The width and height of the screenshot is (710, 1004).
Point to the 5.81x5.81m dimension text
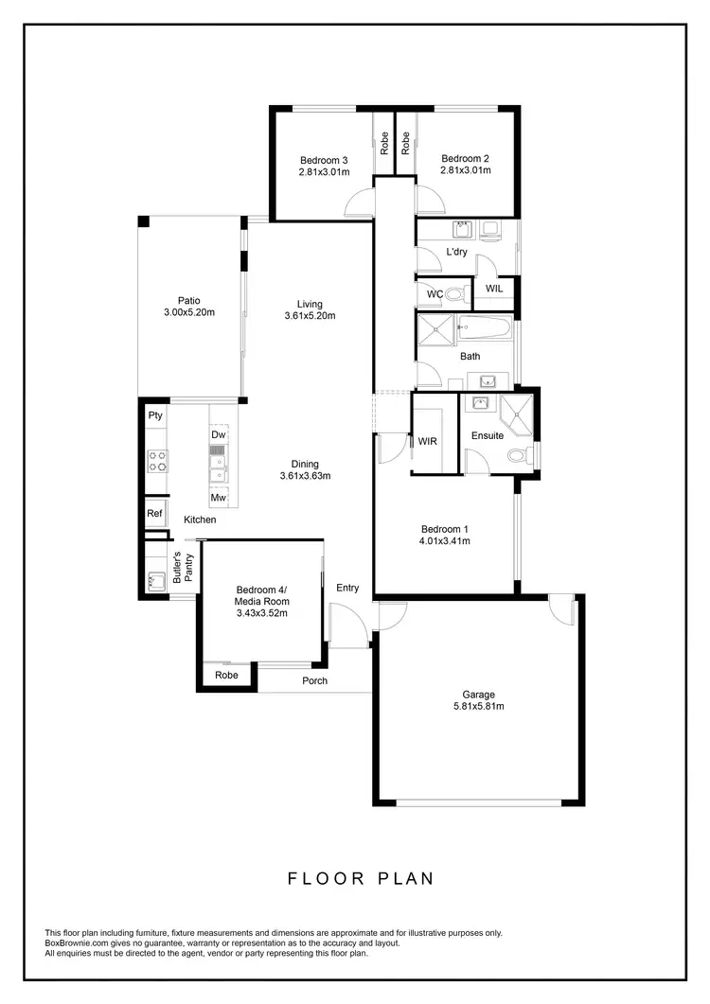click(478, 706)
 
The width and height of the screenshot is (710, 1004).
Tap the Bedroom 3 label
click(325, 159)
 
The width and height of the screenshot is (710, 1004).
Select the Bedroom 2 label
click(465, 159)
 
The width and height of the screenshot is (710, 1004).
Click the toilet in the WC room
click(455, 294)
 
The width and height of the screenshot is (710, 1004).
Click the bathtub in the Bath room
click(484, 330)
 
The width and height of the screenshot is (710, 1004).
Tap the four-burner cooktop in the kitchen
click(156, 461)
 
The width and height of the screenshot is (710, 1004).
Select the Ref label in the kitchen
click(154, 514)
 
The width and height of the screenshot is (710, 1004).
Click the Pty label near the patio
click(155, 415)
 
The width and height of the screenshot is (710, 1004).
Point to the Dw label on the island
click(218, 434)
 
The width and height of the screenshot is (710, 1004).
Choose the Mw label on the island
click(218, 498)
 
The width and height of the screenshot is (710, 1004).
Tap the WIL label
click(494, 289)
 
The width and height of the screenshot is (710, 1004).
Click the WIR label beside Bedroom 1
click(427, 441)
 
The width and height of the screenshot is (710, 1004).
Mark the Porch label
click(314, 680)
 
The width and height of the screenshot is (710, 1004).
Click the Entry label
click(347, 588)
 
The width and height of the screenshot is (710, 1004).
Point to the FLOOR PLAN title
click(361, 878)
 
